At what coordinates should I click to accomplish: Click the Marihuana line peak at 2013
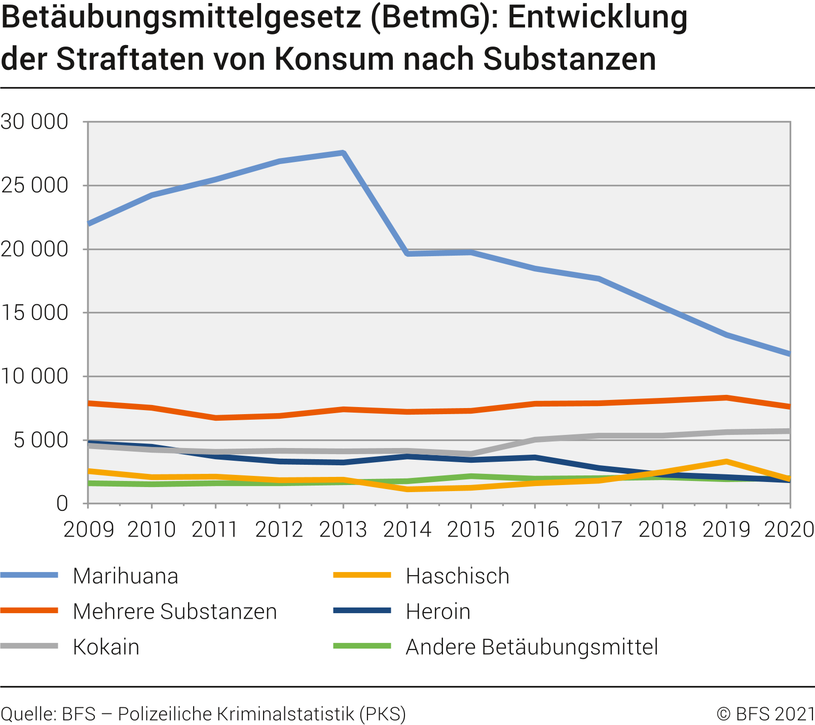pyautogui.click(x=343, y=153)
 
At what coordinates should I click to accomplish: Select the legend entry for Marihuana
pyautogui.click(x=125, y=576)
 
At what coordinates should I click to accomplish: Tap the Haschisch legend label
pyautogui.click(x=457, y=576)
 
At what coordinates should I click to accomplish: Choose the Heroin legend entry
pyautogui.click(x=438, y=612)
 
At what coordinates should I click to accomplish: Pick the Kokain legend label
pyautogui.click(x=106, y=647)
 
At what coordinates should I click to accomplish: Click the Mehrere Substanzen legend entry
pyautogui.click(x=175, y=612)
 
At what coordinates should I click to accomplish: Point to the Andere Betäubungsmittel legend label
pyautogui.click(x=532, y=647)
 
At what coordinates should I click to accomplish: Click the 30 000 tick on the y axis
pyautogui.click(x=34, y=122)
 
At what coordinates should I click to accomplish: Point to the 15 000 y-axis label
pyautogui.click(x=34, y=313)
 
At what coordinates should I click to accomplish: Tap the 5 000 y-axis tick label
pyautogui.click(x=41, y=440)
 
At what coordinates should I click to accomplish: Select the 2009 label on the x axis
pyautogui.click(x=88, y=530)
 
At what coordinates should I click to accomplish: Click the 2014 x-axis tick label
pyautogui.click(x=407, y=530)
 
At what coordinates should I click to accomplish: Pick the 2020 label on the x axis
pyautogui.click(x=789, y=530)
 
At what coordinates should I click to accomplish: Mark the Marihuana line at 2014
pyautogui.click(x=407, y=253)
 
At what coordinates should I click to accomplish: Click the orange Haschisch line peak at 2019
pyautogui.click(x=726, y=462)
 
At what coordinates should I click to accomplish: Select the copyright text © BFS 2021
pyautogui.click(x=765, y=714)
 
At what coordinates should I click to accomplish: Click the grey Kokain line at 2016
pyautogui.click(x=535, y=439)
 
